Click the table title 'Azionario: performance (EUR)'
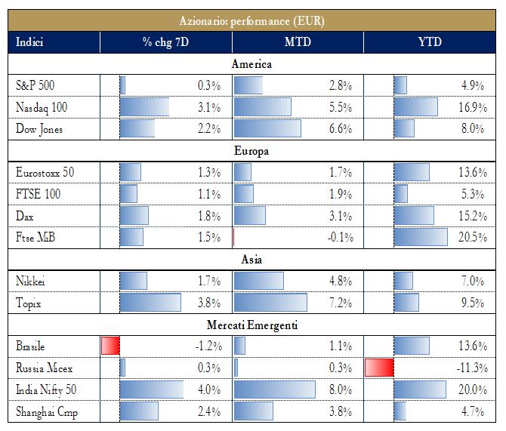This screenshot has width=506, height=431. (253, 20)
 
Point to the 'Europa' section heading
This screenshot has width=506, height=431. (253, 151)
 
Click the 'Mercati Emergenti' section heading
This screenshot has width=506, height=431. (253, 325)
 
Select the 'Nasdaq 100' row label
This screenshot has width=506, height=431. (42, 107)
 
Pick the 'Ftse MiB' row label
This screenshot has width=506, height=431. (37, 238)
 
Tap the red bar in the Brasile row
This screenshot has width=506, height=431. (110, 346)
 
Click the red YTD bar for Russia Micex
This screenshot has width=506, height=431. (379, 368)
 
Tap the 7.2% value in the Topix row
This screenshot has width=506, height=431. (339, 303)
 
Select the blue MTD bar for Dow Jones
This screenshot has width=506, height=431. (267, 129)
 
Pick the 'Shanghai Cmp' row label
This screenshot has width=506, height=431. (47, 412)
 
